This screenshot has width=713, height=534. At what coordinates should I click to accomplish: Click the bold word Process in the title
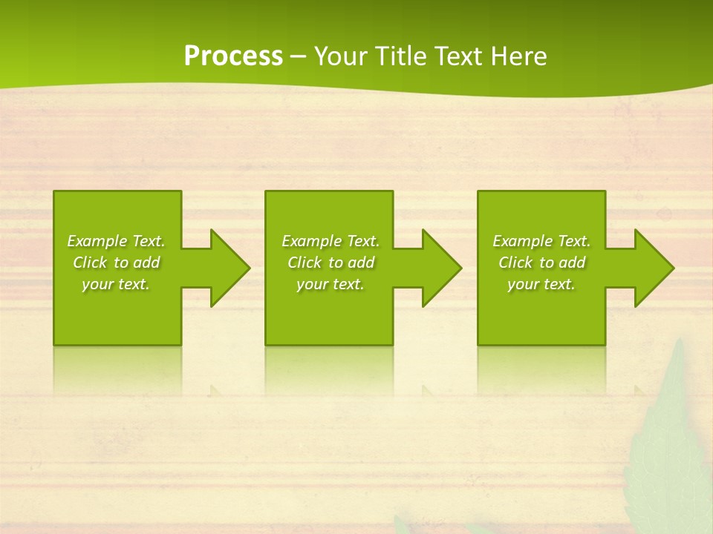[233, 56]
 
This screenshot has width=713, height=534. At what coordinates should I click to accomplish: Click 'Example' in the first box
[97, 241]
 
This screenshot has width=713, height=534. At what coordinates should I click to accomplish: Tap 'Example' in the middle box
[311, 241]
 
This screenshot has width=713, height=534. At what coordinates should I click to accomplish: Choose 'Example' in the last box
[522, 241]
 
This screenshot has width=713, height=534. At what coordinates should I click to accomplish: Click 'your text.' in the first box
[116, 284]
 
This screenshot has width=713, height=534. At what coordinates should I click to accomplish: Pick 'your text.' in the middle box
[331, 284]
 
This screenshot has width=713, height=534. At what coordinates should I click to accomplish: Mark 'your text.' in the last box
[541, 284]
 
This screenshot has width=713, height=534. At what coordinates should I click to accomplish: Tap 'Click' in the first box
[89, 263]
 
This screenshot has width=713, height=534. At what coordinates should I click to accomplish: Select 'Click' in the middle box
[304, 263]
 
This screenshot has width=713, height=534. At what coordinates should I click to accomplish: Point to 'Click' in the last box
[515, 263]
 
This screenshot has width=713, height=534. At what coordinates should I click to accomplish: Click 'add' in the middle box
[361, 263]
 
